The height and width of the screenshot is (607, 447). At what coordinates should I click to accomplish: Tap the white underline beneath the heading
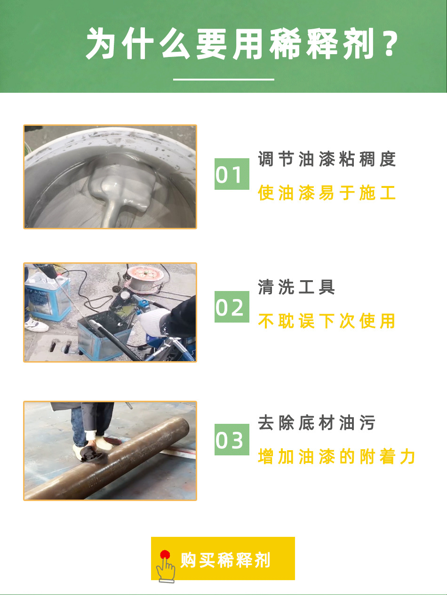click(x=223, y=79)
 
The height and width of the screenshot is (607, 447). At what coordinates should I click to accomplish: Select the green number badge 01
click(x=231, y=174)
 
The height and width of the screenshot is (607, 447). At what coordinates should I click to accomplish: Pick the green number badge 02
click(x=231, y=307)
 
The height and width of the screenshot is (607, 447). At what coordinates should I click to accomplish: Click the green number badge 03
click(x=231, y=440)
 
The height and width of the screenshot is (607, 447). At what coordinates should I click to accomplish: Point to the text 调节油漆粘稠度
click(x=327, y=159)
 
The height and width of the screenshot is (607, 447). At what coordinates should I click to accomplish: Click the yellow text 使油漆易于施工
click(x=327, y=193)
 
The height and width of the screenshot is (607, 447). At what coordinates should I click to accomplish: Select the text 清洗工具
click(x=296, y=287)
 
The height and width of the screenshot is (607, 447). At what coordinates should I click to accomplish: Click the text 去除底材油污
click(x=316, y=422)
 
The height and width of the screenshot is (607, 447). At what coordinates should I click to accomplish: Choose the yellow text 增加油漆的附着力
click(x=336, y=456)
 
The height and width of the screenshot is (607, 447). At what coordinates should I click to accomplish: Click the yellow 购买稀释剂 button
click(x=223, y=558)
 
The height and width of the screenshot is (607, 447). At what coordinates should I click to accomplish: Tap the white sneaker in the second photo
click(x=36, y=324)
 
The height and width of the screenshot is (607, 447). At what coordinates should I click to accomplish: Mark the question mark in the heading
click(x=390, y=44)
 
